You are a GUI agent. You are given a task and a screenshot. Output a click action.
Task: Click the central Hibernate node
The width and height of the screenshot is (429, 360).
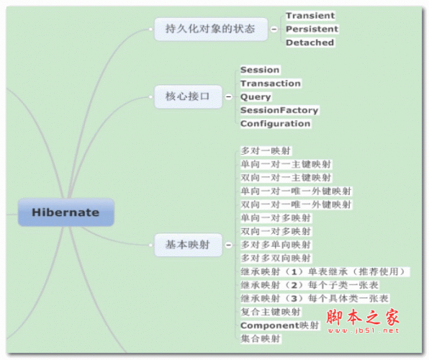66,212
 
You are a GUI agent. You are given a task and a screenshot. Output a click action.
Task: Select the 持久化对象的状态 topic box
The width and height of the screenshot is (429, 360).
211,29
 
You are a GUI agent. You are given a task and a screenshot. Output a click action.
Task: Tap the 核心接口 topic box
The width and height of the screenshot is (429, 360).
189,96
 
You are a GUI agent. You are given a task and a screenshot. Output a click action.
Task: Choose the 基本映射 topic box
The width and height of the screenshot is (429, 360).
189,245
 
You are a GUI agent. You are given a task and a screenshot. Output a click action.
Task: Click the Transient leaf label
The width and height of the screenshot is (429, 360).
310,16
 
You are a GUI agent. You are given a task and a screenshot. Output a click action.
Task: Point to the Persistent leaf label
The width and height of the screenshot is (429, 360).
312,29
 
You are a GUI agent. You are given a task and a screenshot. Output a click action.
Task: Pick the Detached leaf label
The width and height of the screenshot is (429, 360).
310,42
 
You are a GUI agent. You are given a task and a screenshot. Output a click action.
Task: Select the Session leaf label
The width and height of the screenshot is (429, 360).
260,70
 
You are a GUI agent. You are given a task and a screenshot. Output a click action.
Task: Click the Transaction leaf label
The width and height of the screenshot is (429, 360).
271,84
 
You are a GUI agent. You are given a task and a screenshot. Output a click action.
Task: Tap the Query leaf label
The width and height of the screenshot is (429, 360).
256,96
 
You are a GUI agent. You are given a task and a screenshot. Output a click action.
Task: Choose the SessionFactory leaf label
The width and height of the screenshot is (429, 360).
279,110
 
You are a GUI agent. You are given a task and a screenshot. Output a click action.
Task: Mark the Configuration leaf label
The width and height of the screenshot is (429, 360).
276,123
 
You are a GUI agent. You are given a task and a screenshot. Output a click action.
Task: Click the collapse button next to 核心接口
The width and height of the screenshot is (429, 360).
228,96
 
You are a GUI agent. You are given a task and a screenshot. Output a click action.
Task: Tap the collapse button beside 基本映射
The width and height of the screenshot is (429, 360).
228,245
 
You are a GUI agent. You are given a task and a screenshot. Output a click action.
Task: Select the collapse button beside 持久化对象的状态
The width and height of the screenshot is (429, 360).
274,29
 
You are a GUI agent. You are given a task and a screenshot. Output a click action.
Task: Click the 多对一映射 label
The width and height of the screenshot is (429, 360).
266,150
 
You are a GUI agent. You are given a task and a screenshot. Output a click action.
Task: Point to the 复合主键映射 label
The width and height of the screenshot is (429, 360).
271,312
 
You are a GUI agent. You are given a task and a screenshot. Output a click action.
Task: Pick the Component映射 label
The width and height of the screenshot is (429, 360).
280,325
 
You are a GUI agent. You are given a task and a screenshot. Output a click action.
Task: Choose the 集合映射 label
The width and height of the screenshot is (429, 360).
261,338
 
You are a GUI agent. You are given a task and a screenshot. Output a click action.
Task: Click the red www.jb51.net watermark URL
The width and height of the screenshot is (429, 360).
363,330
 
